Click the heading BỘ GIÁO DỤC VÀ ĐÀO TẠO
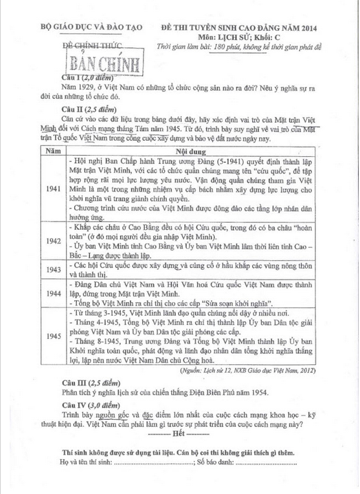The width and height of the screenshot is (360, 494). coord(90,29)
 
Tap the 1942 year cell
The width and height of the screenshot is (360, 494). coord(55,240)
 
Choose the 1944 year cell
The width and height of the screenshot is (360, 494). coord(55,293)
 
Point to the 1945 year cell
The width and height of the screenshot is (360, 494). coord(55,336)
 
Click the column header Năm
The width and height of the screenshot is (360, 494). coord(55,150)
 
